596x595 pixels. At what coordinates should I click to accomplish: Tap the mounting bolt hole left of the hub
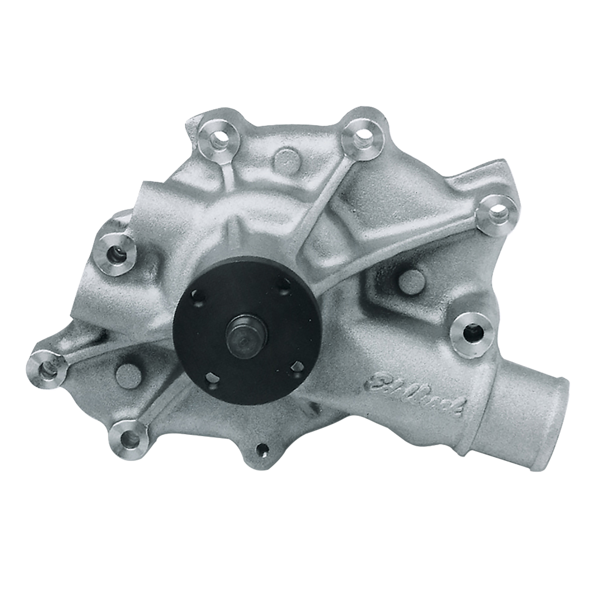[116, 252]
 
